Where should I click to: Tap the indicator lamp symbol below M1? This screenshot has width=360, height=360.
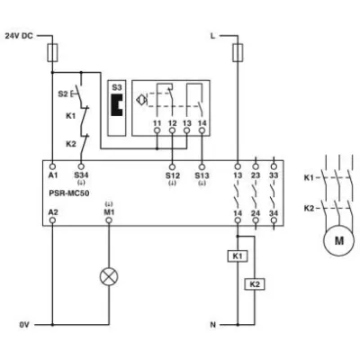[110, 276]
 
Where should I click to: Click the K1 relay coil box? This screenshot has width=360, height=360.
[238, 256]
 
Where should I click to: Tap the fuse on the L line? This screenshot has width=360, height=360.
[238, 55]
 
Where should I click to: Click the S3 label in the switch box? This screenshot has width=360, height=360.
[116, 86]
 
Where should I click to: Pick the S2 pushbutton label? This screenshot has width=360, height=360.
[63, 92]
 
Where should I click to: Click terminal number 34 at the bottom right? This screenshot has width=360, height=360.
[274, 211]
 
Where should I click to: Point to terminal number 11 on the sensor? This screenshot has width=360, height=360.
[157, 120]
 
